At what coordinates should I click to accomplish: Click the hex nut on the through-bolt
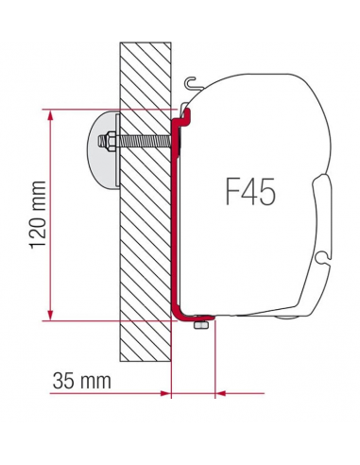(111, 143)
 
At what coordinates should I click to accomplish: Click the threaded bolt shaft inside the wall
(142, 143)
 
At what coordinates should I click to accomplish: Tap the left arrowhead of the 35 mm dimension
(163, 390)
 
